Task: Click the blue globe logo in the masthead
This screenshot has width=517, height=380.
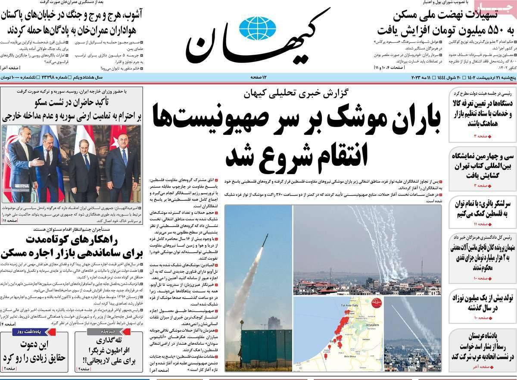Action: coord(257,28)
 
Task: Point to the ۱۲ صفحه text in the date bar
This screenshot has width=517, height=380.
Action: coord(259,77)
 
